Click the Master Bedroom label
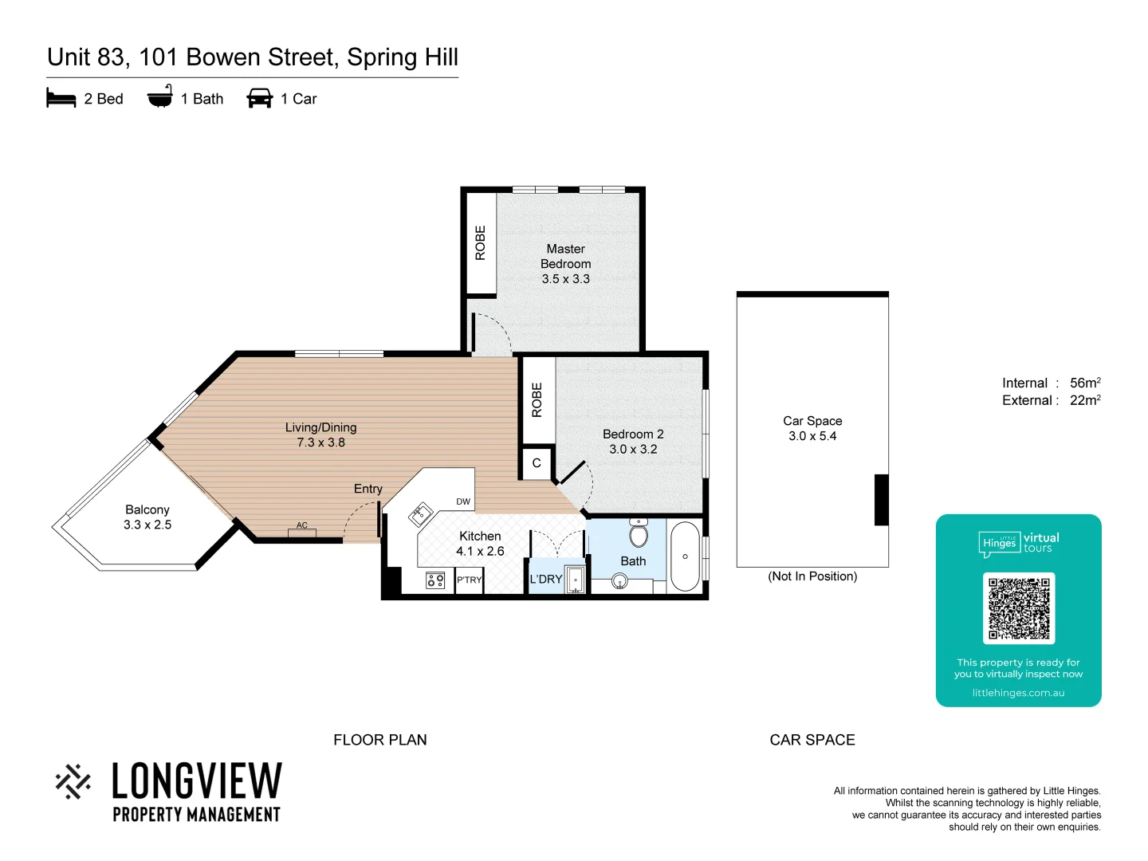[565, 256]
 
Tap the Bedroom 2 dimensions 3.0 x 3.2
[633, 450]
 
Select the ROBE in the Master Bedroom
[480, 243]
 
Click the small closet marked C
[537, 463]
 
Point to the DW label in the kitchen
[463, 501]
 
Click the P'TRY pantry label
[469, 580]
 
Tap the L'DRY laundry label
[546, 580]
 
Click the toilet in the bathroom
[639, 533]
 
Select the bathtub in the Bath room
[685, 556]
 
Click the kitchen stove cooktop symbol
[435, 580]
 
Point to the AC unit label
[302, 525]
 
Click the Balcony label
[147, 509]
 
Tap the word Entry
[368, 489]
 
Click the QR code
[1019, 608]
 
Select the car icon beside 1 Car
[260, 99]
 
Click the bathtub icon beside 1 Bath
[160, 97]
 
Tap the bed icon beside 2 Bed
[61, 99]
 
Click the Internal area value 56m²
[1085, 383]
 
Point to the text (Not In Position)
[812, 576]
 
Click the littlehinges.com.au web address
[1018, 693]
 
